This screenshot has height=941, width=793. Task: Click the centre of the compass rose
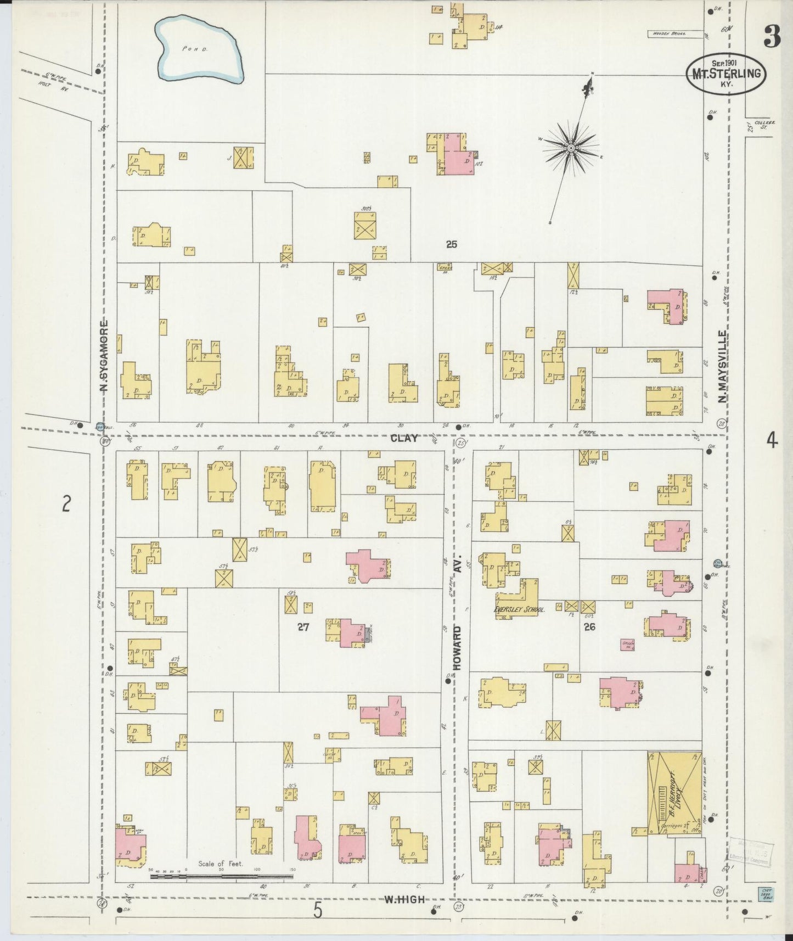point(571,148)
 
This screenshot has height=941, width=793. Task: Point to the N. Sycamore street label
point(104,357)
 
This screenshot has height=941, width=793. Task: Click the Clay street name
point(405,438)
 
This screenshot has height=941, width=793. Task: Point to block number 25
point(451,245)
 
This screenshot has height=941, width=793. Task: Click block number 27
point(303,627)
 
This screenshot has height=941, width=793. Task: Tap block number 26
point(590,626)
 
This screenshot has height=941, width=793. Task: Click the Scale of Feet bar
point(222,877)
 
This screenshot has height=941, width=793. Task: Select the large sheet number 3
point(771,37)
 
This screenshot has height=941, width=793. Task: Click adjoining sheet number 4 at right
point(772,440)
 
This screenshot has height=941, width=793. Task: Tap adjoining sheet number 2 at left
point(66,503)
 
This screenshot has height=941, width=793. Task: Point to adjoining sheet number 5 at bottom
point(318,911)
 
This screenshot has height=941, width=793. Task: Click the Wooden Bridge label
point(667,34)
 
